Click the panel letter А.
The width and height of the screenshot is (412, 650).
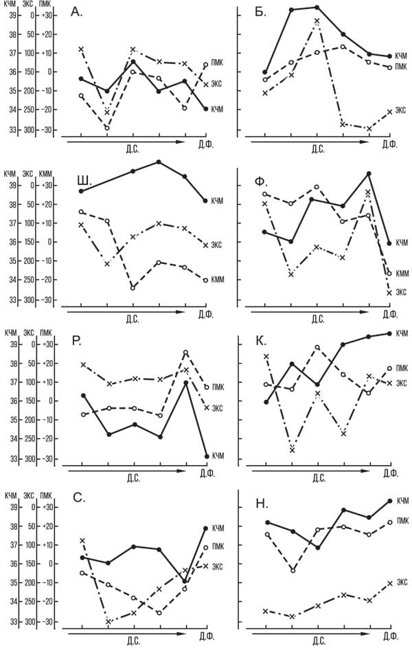tap(77, 13)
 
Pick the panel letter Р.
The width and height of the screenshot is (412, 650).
tap(76, 341)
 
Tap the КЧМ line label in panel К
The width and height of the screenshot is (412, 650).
tap(402, 334)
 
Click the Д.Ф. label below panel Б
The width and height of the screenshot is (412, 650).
tap(390, 146)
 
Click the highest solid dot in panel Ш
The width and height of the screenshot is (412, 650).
tap(159, 161)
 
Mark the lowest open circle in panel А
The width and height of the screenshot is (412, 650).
tap(107, 128)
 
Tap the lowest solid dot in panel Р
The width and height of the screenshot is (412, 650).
tap(207, 456)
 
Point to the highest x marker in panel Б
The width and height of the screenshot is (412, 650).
tap(317, 21)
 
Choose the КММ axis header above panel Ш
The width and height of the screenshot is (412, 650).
tap(45, 175)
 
